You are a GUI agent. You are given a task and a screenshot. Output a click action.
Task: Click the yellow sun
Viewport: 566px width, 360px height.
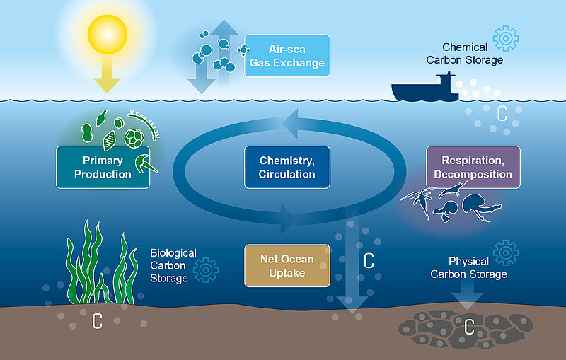click(107, 34)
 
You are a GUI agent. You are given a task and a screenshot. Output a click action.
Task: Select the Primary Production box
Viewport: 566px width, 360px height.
click(103, 167)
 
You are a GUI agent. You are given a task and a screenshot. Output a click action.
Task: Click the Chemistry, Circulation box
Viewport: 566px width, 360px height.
click(287, 167)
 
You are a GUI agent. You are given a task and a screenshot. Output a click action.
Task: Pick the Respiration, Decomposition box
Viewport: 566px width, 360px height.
click(473, 167)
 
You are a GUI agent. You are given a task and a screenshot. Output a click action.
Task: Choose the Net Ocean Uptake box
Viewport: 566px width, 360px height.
click(287, 265)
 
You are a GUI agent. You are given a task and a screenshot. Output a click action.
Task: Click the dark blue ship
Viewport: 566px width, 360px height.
click(424, 88)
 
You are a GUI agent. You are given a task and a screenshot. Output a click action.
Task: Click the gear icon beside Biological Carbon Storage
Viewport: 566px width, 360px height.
click(206, 269)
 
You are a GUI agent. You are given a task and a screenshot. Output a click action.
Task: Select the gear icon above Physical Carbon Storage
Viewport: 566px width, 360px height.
click(505, 252)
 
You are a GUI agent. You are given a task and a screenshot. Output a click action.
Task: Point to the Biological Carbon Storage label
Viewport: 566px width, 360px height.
click(169, 265)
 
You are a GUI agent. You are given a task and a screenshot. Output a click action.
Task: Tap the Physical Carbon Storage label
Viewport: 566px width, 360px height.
click(468, 268)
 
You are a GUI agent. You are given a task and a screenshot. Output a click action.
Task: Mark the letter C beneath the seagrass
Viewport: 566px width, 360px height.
click(98, 322)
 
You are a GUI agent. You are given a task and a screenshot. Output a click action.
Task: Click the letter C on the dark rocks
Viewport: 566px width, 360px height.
click(468, 327)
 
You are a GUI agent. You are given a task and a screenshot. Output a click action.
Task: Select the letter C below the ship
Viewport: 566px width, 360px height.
click(502, 113)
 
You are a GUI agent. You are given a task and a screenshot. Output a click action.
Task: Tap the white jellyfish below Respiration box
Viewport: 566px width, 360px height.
click(472, 204)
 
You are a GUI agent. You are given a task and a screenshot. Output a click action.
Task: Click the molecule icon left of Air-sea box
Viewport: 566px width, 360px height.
click(244, 50)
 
